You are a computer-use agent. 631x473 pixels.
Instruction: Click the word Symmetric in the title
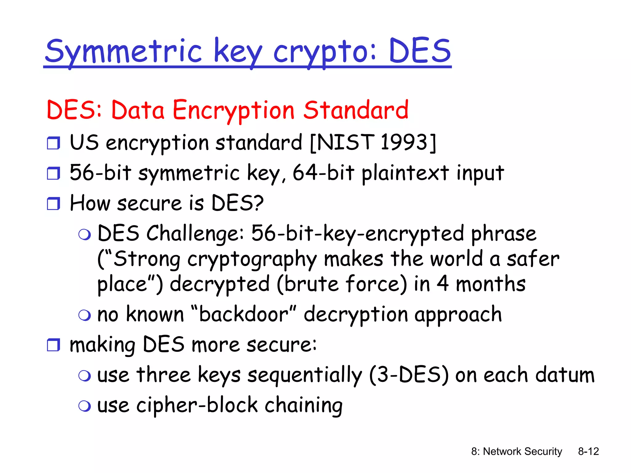123,52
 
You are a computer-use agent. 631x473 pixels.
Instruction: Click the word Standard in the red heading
356,110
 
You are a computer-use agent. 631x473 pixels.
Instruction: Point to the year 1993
404,142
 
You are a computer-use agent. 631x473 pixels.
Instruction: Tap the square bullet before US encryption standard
53,143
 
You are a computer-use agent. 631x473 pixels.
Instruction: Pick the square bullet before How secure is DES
53,204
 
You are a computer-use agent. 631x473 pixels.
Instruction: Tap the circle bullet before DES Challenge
84,235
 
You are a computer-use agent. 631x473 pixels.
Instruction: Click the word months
491,284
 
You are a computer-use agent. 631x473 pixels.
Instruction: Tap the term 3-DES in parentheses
409,375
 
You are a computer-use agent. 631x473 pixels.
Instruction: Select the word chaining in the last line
303,406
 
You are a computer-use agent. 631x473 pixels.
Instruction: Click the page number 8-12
588,451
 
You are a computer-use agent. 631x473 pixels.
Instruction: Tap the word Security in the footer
543,451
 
